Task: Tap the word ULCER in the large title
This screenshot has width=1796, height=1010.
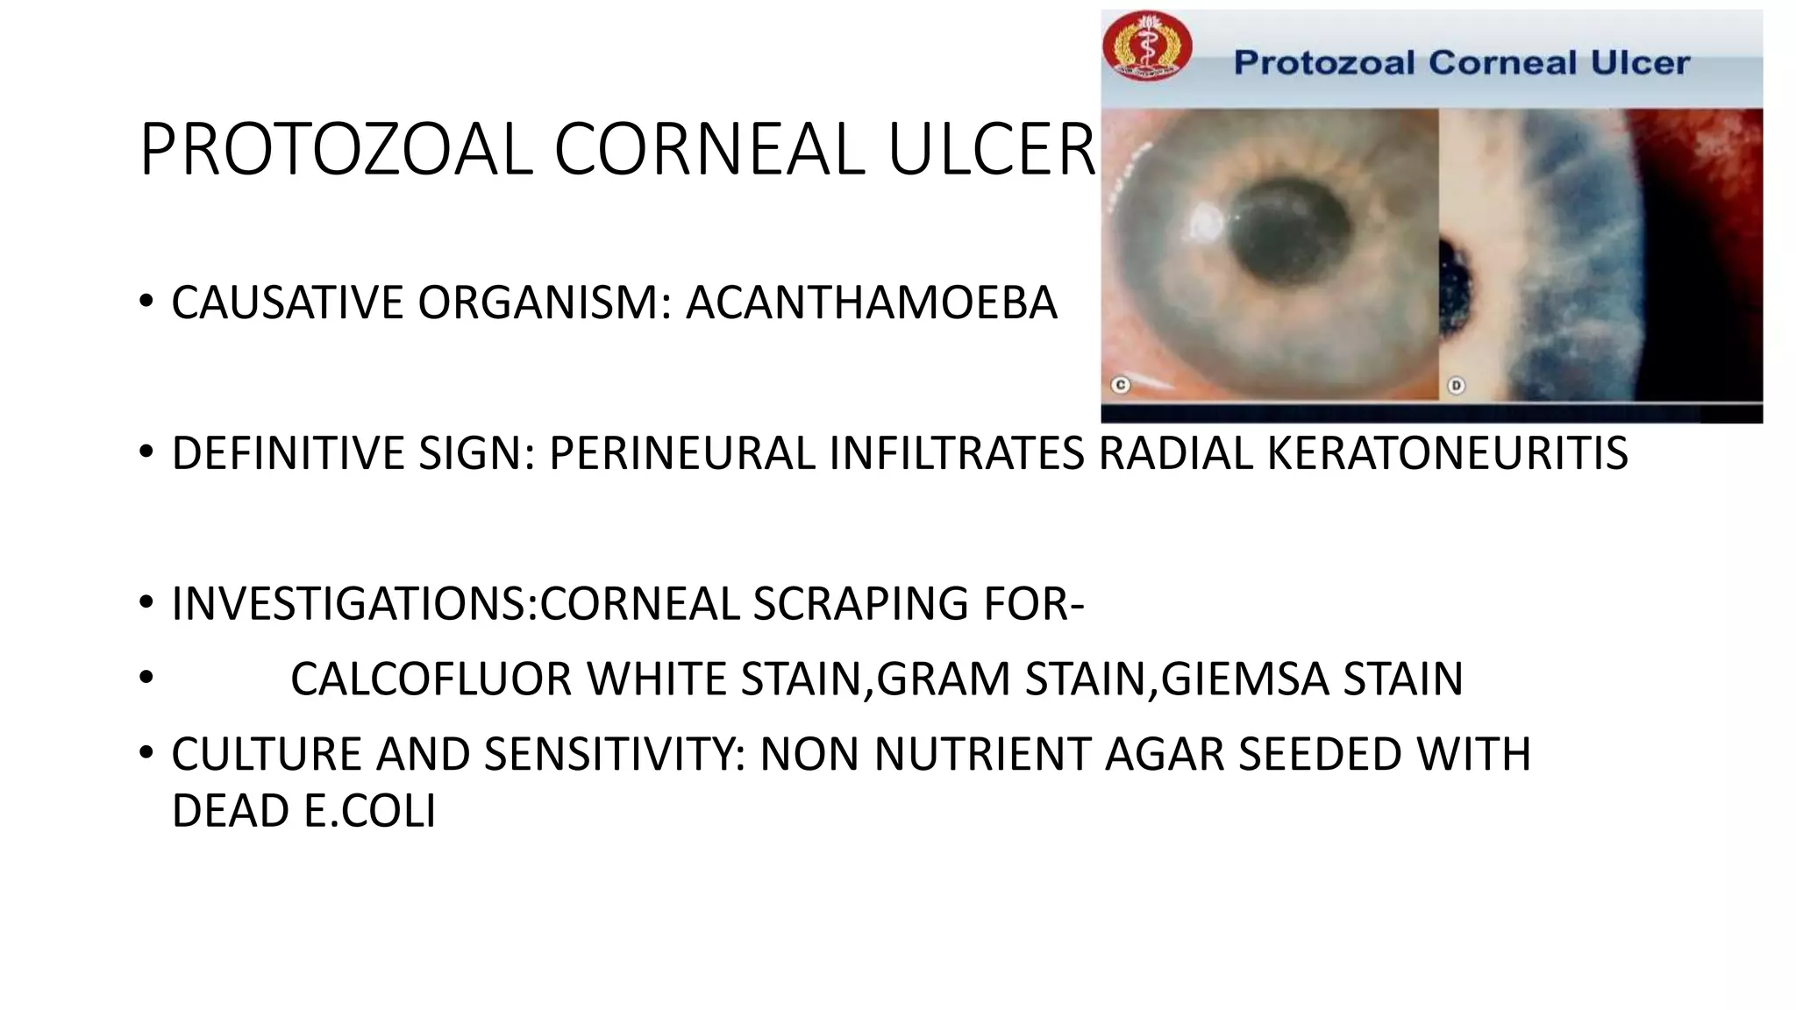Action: pyautogui.click(x=991, y=150)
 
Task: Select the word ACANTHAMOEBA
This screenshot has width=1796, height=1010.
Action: pyautogui.click(x=871, y=303)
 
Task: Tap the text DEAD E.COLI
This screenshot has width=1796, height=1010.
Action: pyautogui.click(x=303, y=811)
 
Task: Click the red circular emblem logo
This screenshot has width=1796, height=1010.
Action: pyautogui.click(x=1146, y=46)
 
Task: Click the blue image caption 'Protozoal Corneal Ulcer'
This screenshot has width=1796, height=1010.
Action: pyautogui.click(x=1461, y=63)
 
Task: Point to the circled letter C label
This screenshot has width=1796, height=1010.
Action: pyautogui.click(x=1120, y=385)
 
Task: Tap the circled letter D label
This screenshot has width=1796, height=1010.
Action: pyautogui.click(x=1456, y=385)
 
